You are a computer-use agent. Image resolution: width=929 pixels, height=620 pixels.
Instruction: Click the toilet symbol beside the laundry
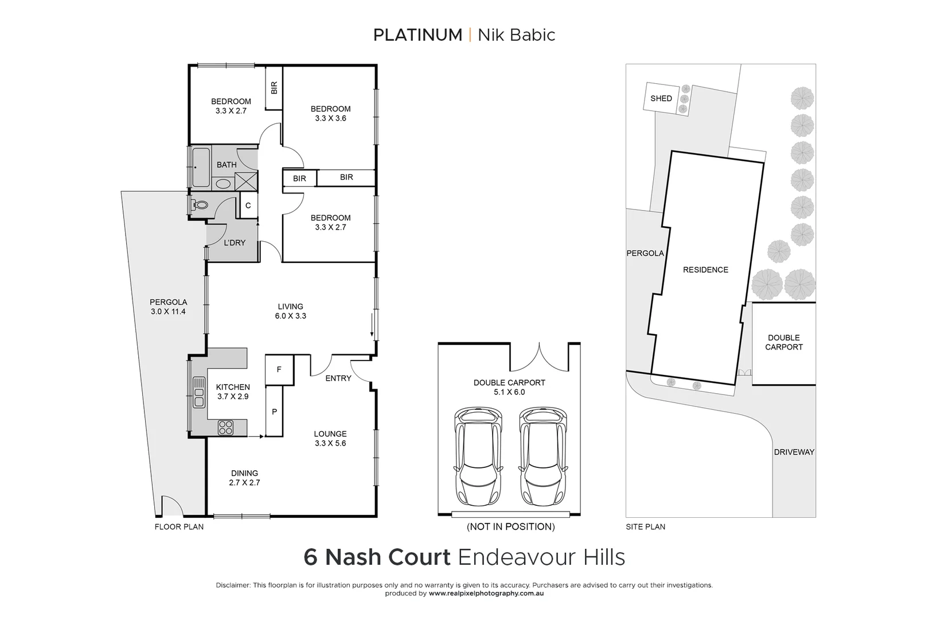click(200, 204)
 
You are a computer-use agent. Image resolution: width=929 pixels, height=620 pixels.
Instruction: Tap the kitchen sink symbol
click(199, 392)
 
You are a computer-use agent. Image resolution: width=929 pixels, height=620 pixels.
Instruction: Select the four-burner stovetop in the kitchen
click(225, 428)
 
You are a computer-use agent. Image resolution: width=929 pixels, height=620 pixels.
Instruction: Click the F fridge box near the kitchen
click(279, 370)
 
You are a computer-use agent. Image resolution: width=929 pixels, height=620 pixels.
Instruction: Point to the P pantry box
click(274, 412)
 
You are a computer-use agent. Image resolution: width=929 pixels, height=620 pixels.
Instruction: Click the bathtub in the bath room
click(200, 167)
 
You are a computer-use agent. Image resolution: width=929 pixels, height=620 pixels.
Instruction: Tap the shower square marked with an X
click(246, 181)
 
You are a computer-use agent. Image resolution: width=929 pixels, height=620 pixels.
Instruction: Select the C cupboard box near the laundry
click(248, 206)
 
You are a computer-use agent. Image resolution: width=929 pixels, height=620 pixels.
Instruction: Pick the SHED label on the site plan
click(661, 99)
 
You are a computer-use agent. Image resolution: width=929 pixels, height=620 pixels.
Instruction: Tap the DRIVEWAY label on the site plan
click(794, 452)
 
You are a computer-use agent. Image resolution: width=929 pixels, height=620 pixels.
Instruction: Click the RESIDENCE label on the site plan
click(705, 270)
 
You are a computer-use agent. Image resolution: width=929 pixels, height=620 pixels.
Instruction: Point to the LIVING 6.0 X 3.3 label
click(290, 311)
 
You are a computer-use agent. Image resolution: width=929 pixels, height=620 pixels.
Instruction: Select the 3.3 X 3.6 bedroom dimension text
click(330, 119)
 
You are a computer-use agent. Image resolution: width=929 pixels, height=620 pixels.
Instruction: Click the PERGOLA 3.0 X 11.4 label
click(168, 307)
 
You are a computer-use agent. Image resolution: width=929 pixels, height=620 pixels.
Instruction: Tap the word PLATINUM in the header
click(417, 35)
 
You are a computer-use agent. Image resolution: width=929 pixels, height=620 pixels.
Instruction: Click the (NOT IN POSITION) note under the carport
click(510, 526)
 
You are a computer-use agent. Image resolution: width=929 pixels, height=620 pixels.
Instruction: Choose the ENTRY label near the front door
click(338, 378)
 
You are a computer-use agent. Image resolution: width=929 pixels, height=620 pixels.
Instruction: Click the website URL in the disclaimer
click(486, 594)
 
